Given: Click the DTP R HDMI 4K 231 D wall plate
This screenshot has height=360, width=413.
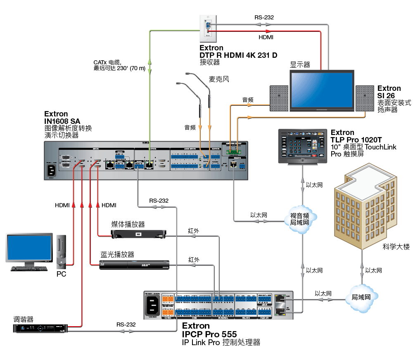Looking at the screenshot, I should pyautogui.click(x=208, y=28).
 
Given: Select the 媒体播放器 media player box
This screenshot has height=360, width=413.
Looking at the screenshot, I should pyautogui.click(x=138, y=234).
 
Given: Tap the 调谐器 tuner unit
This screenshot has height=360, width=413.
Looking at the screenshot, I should pyautogui.click(x=39, y=328).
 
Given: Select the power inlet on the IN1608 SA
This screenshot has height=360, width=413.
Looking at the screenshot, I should pyautogui.click(x=52, y=170).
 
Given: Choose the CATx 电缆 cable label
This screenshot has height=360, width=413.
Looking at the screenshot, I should pyautogui.click(x=106, y=63).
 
